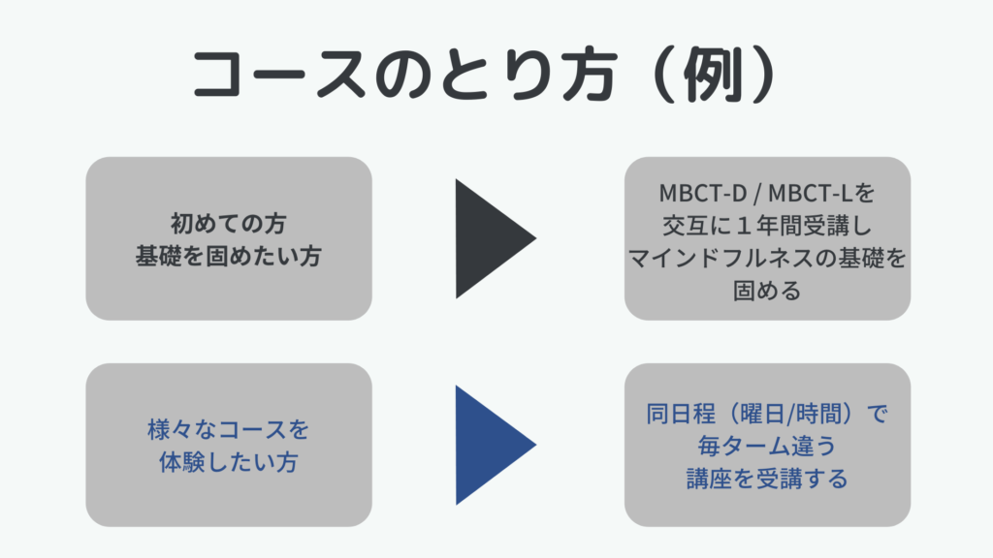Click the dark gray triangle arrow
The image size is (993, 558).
(488, 238)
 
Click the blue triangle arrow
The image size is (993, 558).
(488, 445)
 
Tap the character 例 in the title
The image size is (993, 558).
(713, 74)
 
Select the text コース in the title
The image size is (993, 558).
(279, 74)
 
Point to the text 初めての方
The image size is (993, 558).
(229, 223)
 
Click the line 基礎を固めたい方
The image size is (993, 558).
(229, 256)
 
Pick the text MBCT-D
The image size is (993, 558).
(703, 193)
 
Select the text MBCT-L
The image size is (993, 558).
(810, 193)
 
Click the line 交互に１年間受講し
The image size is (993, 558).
(768, 225)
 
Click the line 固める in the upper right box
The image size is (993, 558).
(768, 291)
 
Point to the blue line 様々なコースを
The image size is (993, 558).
(229, 429)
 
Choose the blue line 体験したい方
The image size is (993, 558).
(229, 462)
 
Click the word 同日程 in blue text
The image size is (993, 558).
(681, 414)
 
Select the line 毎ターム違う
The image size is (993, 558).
(768, 446)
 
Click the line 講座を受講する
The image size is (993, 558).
(768, 479)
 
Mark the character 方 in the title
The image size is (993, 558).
(589, 74)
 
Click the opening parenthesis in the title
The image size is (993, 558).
(665, 74)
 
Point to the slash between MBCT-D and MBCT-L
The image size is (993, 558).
(757, 194)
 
